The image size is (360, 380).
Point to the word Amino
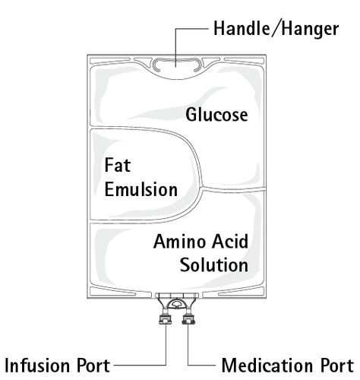point(178,243)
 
